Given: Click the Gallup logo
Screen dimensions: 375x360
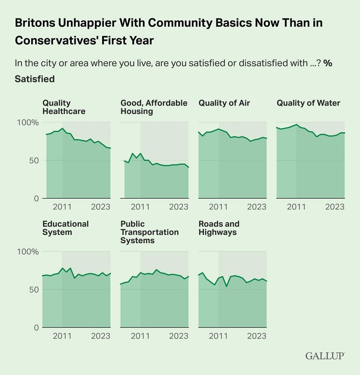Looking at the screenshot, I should point(325,356).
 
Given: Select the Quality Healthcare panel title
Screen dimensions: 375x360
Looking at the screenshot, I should point(64,107).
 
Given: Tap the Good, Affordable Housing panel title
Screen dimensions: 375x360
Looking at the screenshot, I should point(154,107).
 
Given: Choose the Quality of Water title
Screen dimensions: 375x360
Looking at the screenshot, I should point(308,103).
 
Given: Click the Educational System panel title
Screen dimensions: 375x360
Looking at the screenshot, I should point(65,228).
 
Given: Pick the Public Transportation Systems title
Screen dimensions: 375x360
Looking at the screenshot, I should point(149,232).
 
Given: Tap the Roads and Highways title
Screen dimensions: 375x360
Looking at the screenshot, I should point(219,228).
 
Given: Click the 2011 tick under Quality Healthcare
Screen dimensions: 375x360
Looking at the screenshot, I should point(62,207).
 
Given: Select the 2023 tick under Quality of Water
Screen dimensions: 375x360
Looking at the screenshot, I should point(335,207).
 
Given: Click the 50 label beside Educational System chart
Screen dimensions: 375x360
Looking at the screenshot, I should point(33,289).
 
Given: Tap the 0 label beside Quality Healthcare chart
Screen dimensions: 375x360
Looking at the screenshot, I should point(37,199).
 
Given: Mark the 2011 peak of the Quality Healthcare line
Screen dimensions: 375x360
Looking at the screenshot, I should point(62,128).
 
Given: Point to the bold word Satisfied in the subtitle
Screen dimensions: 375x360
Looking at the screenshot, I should point(35,79).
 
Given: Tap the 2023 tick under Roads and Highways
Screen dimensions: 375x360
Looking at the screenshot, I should point(257,336).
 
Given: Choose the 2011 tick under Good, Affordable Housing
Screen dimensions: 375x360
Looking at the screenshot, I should point(140,207).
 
